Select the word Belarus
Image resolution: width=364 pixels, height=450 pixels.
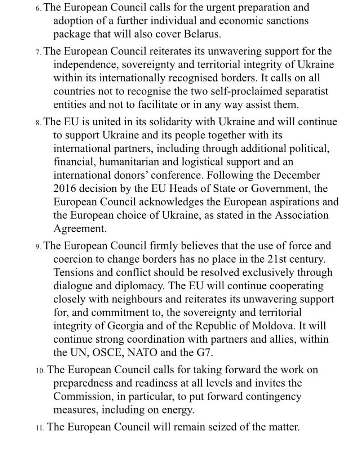[x=200, y=34]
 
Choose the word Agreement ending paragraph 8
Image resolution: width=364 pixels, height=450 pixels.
[x=79, y=229]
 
